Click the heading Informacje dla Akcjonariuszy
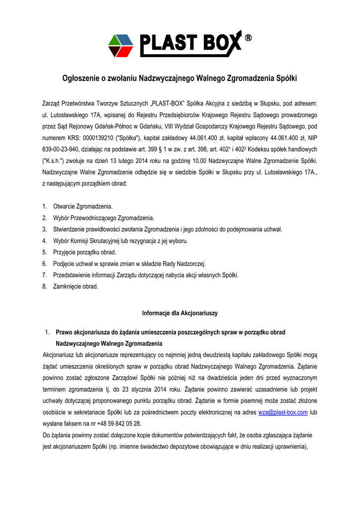[x=180, y=313]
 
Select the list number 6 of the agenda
[x=44, y=263]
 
